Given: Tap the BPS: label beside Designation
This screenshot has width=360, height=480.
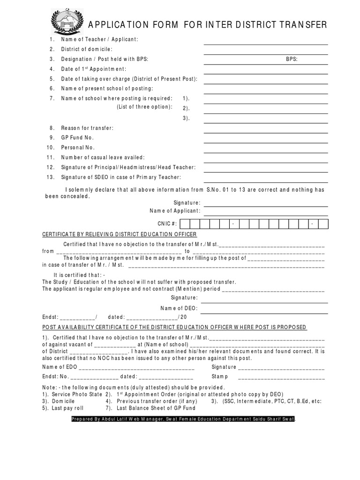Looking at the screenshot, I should coord(292,59).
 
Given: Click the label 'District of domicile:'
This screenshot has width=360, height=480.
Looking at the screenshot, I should coord(87,49).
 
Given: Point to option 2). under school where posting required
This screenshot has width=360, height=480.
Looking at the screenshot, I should coord(186,108).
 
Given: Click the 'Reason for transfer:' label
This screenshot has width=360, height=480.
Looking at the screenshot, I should coord(87,128).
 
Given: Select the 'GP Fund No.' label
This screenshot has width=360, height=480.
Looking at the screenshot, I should coord(77,138).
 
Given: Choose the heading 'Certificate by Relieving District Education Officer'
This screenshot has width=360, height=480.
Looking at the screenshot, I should coord(120,234).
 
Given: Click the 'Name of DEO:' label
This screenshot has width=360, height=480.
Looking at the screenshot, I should coord(179,308).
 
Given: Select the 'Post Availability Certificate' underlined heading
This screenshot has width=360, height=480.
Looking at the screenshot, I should coord(174,327).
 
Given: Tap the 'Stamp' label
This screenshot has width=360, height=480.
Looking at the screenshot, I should coord(219,376).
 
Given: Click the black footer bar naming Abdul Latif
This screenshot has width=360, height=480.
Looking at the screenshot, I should coord(183,419).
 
